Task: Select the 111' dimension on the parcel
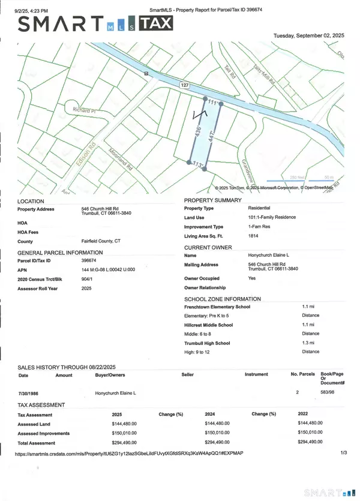tap(212, 103)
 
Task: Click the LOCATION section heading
tap(32, 201)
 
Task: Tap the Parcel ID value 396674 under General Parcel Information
tap(90, 260)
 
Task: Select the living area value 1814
tap(254, 236)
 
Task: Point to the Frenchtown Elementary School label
tap(217, 307)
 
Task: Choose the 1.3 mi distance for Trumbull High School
tap(308, 343)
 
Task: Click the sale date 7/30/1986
tap(30, 393)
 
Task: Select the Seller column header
tap(188, 374)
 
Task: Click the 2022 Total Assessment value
tap(310, 442)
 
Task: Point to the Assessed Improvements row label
tap(44, 433)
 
